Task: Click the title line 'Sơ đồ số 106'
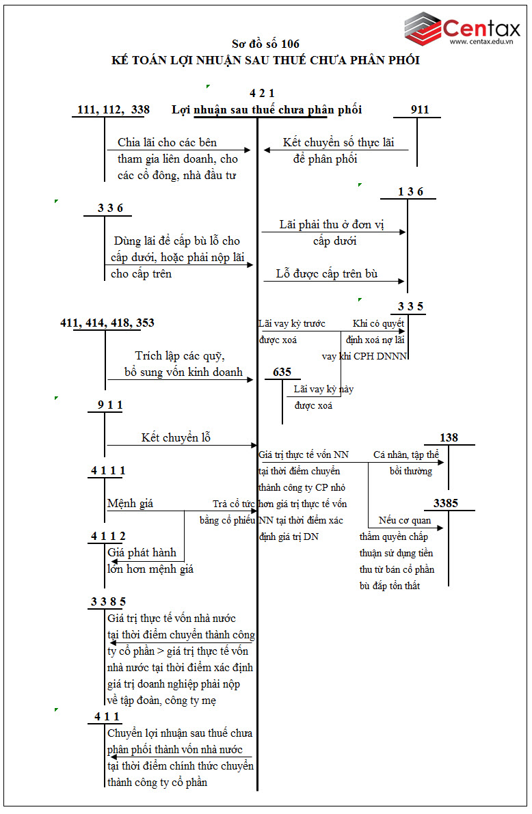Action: (x=265, y=44)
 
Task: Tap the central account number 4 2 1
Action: (x=263, y=93)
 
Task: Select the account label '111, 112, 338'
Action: (x=114, y=110)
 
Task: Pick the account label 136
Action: (x=411, y=192)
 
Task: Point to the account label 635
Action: (x=282, y=372)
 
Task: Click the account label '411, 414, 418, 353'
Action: (x=107, y=323)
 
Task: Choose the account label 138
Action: (x=449, y=437)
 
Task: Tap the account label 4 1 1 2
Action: (x=108, y=537)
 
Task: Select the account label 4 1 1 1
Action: (x=108, y=471)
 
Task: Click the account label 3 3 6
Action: (x=110, y=208)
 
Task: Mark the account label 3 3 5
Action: (x=411, y=307)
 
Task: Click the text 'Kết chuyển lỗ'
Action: (x=176, y=438)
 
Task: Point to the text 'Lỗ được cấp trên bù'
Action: (x=327, y=274)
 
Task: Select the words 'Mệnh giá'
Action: (x=130, y=504)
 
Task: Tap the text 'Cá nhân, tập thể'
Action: (x=406, y=455)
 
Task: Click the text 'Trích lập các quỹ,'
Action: (x=180, y=356)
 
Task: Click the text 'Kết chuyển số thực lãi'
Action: (x=338, y=143)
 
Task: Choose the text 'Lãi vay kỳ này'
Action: (x=323, y=389)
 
